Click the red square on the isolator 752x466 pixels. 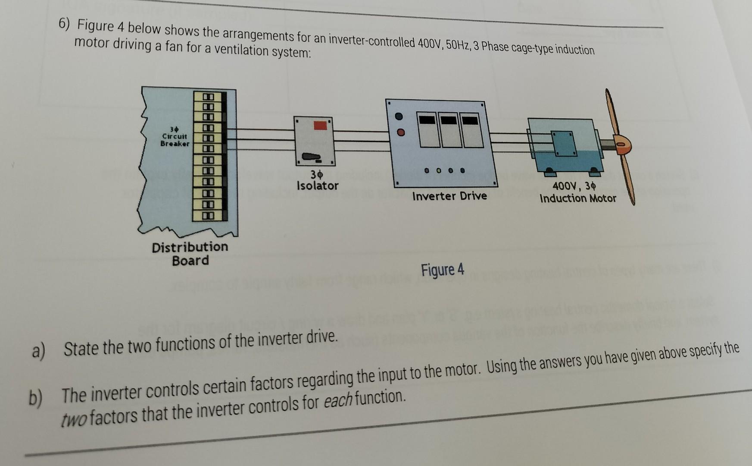click(320, 125)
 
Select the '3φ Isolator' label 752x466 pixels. click(317, 180)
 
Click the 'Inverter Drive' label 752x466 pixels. click(449, 196)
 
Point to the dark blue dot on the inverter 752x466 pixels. click(399, 116)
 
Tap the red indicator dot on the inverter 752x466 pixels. click(401, 132)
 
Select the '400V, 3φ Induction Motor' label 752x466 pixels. click(577, 192)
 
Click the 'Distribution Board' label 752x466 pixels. click(190, 254)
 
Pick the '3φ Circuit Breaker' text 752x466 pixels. click(175, 136)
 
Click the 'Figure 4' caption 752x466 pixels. click(443, 270)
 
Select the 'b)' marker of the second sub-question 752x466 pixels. click(36, 398)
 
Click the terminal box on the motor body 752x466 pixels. click(564, 144)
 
